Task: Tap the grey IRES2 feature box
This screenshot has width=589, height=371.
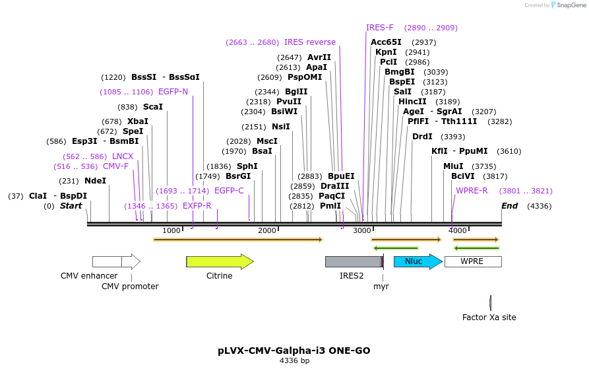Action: click(x=352, y=261)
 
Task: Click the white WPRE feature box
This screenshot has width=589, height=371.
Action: click(x=472, y=261)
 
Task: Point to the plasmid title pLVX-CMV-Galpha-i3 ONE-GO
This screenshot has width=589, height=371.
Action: click(x=294, y=351)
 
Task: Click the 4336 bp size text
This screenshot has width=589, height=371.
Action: click(x=294, y=360)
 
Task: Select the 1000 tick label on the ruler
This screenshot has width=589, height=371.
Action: click(x=171, y=230)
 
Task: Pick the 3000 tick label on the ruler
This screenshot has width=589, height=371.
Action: click(x=362, y=230)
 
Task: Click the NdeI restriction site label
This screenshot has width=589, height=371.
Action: click(x=95, y=181)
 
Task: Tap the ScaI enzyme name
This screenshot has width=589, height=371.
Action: click(x=152, y=107)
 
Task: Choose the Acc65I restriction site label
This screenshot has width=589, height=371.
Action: click(x=386, y=42)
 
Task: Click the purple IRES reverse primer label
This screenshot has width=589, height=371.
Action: click(x=310, y=42)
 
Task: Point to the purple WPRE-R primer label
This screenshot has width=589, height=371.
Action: click(x=472, y=191)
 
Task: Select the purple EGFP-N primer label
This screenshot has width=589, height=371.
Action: click(x=173, y=92)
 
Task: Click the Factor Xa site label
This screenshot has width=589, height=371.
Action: click(x=489, y=318)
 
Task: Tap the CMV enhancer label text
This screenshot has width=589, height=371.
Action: click(x=89, y=276)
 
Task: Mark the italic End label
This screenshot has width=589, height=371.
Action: click(x=509, y=206)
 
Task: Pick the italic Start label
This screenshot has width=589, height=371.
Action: click(x=71, y=206)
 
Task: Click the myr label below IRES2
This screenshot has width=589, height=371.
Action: click(x=381, y=287)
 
